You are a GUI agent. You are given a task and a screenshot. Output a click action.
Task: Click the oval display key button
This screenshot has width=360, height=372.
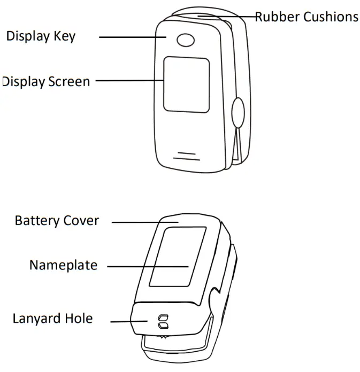tap(186, 40)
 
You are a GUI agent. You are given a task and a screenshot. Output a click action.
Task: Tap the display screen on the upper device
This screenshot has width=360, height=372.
tap(186, 84)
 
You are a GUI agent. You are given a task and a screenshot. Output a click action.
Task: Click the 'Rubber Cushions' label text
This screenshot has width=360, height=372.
tap(306, 17)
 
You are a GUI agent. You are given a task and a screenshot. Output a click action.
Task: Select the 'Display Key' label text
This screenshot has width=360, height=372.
tap(41, 36)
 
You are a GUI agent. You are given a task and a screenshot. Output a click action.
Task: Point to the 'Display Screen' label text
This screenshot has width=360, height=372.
tap(46, 82)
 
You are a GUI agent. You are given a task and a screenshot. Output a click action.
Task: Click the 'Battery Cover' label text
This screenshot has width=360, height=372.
tap(57, 221)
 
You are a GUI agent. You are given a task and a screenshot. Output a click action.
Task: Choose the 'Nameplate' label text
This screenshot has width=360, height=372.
tap(63, 265)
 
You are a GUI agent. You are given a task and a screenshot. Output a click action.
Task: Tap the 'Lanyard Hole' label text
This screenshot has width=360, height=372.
tap(52, 319)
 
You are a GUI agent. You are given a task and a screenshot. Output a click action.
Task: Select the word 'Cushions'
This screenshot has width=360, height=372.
tap(331, 17)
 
